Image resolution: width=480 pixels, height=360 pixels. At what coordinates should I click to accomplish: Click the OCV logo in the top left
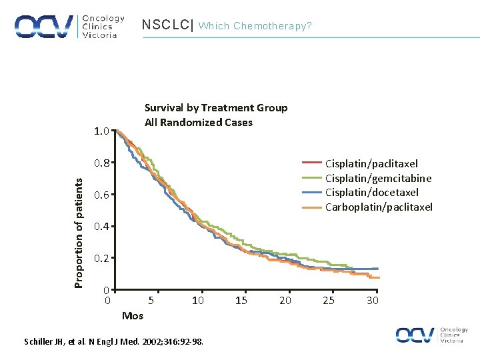point(66,27)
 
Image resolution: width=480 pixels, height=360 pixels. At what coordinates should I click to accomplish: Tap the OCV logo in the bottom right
point(431,335)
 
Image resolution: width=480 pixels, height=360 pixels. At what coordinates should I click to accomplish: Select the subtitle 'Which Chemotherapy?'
point(255,26)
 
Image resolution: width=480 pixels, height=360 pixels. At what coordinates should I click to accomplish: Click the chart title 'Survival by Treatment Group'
point(216,108)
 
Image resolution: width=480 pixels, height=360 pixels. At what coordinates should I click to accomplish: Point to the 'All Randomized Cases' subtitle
point(199,122)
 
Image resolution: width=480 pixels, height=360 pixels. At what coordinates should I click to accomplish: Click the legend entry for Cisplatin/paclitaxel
point(371,163)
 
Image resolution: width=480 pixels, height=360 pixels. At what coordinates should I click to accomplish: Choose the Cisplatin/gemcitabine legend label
point(378,178)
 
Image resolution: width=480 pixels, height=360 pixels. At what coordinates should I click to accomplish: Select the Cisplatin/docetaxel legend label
point(372,193)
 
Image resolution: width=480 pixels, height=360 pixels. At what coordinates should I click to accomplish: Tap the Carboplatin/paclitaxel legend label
point(379,207)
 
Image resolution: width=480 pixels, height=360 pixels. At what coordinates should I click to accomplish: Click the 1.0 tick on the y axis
point(101,131)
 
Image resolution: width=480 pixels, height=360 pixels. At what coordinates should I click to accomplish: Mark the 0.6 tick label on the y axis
point(101,195)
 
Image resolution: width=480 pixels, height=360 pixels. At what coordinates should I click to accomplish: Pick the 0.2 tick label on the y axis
point(101,259)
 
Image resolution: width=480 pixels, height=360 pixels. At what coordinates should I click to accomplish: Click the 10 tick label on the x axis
point(198,301)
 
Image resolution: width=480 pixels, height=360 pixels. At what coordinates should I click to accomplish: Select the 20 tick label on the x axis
point(285,301)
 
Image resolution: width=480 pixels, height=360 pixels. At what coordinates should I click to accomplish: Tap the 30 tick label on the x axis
point(373,301)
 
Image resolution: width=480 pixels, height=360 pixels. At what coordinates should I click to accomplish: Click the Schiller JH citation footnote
point(114,342)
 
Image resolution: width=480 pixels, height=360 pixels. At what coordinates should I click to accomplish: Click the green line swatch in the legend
point(311,177)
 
